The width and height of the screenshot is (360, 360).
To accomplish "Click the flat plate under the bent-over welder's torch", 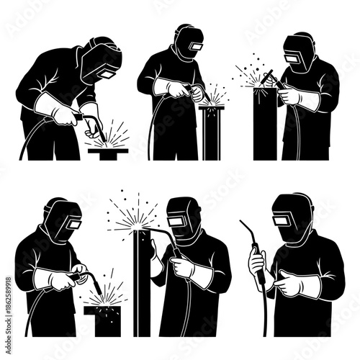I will pyautogui.click(x=107, y=151).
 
